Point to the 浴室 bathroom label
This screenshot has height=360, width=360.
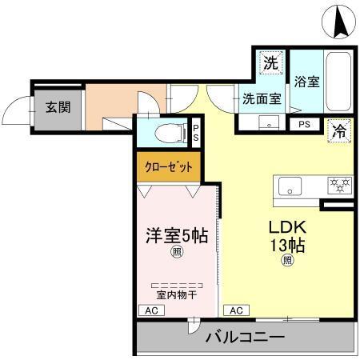coord(306,81)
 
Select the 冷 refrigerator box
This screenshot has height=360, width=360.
coord(341,133)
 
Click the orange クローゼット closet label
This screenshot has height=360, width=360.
coord(167,167)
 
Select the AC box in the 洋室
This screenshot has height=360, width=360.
coord(149,311)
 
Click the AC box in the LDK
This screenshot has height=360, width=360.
coord(236,311)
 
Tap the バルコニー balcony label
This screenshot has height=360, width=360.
coord(245,338)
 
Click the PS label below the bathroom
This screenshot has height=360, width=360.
coord(305,124)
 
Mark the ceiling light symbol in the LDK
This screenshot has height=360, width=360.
coord(286,260)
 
